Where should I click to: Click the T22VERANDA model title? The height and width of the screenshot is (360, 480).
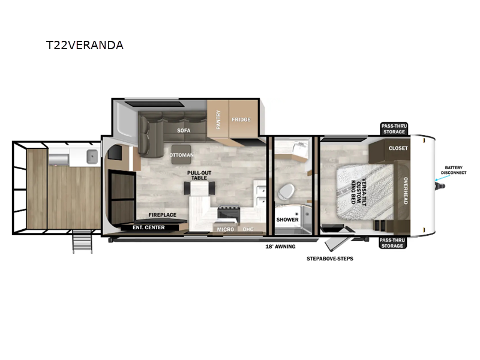pyautogui.click(x=85, y=46)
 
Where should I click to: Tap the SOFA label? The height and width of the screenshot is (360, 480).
pyautogui.click(x=184, y=130)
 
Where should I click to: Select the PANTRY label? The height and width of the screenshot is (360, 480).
pyautogui.click(x=218, y=119)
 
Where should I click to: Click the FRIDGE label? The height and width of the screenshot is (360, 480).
pyautogui.click(x=241, y=119)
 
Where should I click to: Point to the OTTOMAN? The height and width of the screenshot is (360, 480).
pyautogui.click(x=182, y=155)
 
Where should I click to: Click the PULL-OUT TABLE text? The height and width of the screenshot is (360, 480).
pyautogui.click(x=199, y=175)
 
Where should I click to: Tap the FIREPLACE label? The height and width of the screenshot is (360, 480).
pyautogui.click(x=162, y=215)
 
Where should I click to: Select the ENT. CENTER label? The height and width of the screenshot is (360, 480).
pyautogui.click(x=149, y=227)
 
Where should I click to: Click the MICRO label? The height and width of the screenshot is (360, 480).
pyautogui.click(x=226, y=229)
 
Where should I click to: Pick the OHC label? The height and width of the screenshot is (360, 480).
pyautogui.click(x=248, y=229)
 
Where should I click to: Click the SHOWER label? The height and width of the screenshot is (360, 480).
pyautogui.click(x=287, y=220)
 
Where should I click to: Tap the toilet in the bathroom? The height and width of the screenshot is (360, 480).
pyautogui.click(x=287, y=192)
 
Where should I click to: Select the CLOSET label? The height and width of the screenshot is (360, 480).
pyautogui.click(x=398, y=148)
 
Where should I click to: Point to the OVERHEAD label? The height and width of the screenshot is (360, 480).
pyautogui.click(x=406, y=191)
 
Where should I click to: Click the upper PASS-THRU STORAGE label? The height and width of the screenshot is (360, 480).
pyautogui.click(x=394, y=129)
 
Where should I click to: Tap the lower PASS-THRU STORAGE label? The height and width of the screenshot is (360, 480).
pyautogui.click(x=392, y=243)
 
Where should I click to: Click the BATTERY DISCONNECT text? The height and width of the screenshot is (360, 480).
pyautogui.click(x=454, y=170)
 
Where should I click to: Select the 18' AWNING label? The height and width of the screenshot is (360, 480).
pyautogui.click(x=280, y=247)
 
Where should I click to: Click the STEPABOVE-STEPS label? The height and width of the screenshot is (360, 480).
pyautogui.click(x=330, y=259)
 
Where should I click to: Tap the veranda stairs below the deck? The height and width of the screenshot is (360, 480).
pyautogui.click(x=82, y=242)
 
